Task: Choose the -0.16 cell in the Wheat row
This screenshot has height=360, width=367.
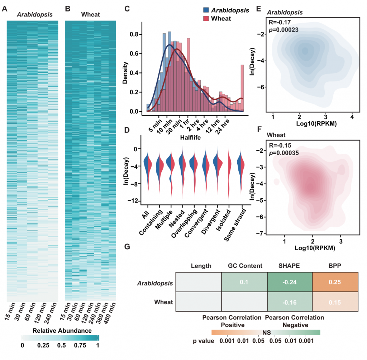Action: coord(290,302)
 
